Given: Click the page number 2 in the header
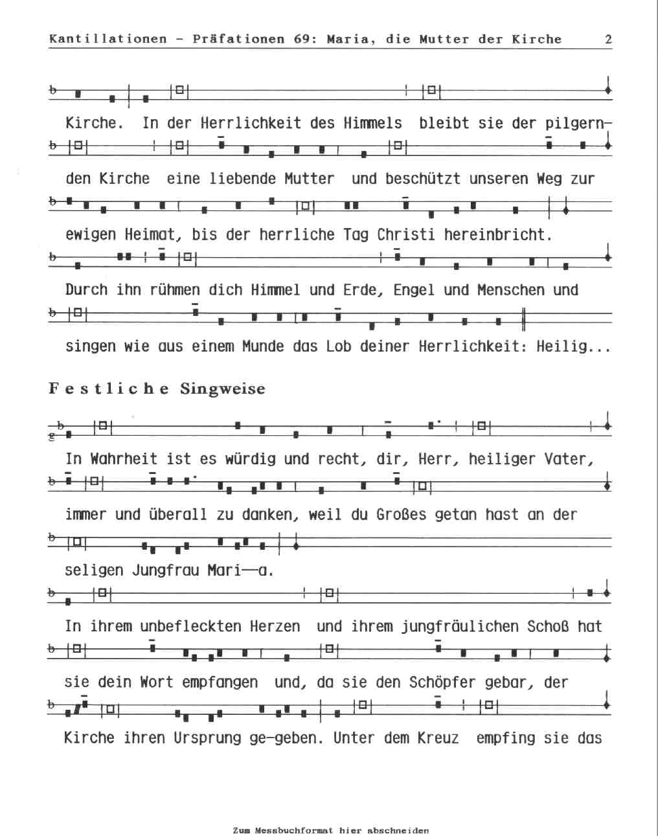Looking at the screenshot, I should [608, 39].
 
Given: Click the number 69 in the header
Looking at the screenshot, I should [302, 39].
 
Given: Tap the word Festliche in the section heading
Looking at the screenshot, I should [109, 389].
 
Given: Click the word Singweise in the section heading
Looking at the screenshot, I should [223, 389].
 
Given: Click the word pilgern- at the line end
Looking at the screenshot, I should [578, 123].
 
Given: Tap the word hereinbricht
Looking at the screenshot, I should [497, 234].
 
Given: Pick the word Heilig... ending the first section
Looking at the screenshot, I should [573, 346].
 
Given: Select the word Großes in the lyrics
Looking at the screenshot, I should [402, 515].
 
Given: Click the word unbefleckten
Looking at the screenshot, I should [183, 626].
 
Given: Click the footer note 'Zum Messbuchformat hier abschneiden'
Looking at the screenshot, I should [330, 830].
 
